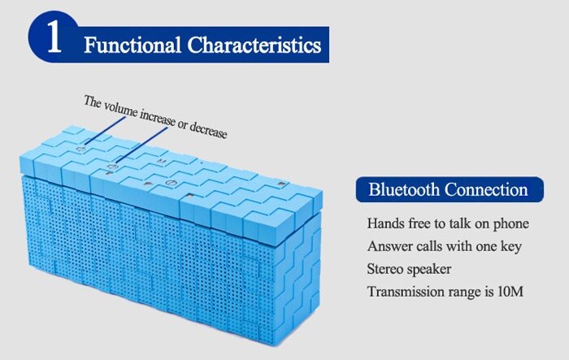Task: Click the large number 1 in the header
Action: point(54,37)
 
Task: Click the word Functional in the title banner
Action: point(132,45)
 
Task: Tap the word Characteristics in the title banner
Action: point(254,45)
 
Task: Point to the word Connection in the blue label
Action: point(486,189)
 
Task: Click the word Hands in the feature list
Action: point(385,223)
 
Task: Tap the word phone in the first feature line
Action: point(510,224)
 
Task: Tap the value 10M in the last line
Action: point(510,292)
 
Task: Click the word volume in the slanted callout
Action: point(120,110)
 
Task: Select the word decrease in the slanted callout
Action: point(208,131)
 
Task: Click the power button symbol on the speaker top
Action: point(170,183)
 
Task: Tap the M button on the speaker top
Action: point(162,161)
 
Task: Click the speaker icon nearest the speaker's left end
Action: point(81,150)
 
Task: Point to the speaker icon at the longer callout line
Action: point(113,167)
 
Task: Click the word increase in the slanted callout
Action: point(157,119)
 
